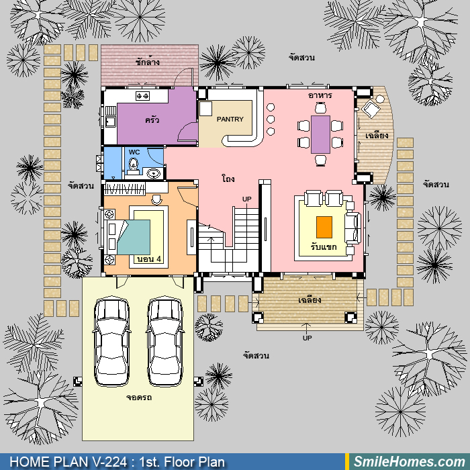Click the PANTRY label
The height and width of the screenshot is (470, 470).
pos(230,120)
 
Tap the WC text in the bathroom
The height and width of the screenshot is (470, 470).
pos(134,152)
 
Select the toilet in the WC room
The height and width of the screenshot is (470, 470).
pos(134,167)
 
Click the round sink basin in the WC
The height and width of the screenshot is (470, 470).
pos(154,173)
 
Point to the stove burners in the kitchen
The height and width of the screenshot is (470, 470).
pos(142,96)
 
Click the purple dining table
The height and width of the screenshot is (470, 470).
pos(320,134)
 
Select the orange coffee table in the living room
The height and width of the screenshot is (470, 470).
pos(324,227)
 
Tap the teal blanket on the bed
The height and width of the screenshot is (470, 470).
pos(134,237)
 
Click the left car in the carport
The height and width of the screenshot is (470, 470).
pos(112,341)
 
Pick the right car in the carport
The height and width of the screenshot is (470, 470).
pos(165,341)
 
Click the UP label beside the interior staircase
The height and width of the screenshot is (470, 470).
pos(246,199)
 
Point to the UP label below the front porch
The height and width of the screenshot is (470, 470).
pos(308,338)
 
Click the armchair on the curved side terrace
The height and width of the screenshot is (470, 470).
pos(371,109)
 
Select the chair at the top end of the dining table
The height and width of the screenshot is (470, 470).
pos(320,107)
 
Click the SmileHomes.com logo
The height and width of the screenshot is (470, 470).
pos(409,462)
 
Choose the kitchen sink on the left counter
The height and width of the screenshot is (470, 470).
pos(110,122)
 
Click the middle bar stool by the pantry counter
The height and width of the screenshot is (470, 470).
pos(271,120)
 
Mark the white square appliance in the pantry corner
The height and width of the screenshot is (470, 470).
pos(205,109)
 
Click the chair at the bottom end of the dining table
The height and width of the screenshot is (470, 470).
pos(320,160)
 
